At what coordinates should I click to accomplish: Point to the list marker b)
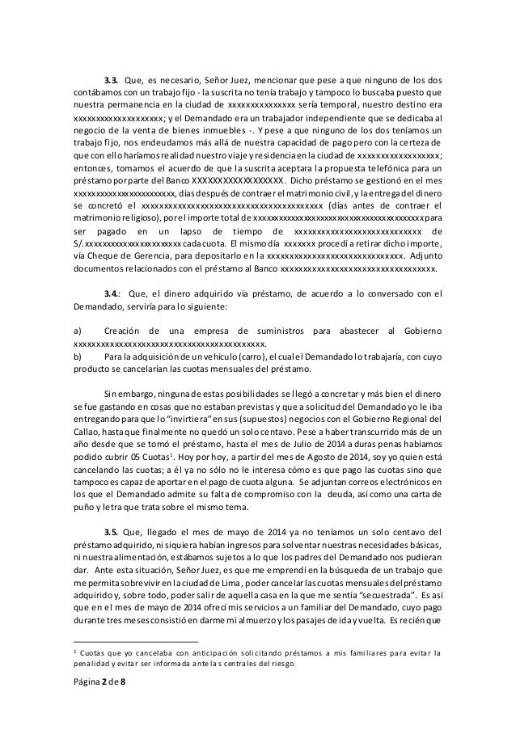(77, 357)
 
